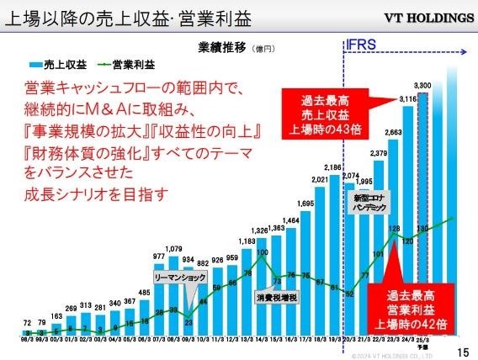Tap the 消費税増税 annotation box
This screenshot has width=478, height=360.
[x=277, y=297]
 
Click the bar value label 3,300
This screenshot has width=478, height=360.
[x=424, y=86]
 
